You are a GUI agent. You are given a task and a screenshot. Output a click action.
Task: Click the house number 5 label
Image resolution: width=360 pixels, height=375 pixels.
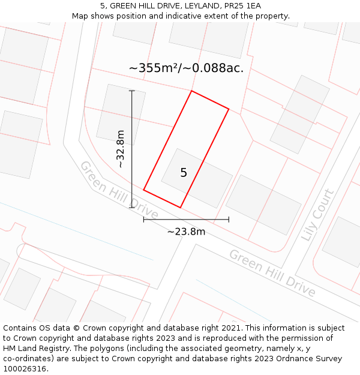tap(184, 173)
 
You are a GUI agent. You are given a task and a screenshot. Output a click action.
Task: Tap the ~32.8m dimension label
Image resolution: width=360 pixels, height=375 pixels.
tap(121, 149)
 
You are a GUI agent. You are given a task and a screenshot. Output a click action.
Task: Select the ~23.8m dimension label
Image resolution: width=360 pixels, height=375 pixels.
tap(186, 232)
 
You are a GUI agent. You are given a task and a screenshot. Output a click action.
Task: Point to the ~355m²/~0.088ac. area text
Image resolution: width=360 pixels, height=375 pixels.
tap(186, 68)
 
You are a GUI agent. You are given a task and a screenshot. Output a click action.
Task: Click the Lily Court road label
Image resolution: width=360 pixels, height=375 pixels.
tap(317, 215)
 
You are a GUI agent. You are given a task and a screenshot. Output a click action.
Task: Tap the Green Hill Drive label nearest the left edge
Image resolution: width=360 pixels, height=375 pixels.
tap(119, 190)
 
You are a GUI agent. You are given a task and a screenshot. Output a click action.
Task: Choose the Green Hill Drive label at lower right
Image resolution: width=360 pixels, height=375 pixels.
tap(272, 272)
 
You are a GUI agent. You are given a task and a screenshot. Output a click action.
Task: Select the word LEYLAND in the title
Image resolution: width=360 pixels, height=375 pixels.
tap(183, 6)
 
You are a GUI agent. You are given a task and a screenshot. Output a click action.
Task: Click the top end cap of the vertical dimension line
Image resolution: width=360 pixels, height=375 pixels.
tap(132, 91)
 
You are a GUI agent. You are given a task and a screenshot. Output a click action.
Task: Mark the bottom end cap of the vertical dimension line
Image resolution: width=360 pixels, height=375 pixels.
tap(132, 208)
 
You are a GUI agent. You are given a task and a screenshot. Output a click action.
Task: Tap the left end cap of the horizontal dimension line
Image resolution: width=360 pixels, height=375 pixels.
tap(144, 220)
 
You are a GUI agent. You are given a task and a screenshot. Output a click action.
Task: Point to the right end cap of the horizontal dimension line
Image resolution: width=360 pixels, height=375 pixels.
tap(229, 220)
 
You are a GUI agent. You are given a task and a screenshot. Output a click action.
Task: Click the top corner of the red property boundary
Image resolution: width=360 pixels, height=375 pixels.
tap(191, 91)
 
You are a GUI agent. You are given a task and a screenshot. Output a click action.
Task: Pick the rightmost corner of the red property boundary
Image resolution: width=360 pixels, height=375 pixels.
tap(229, 109)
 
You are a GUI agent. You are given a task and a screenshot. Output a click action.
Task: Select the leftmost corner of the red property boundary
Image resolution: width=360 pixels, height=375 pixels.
tap(144, 190)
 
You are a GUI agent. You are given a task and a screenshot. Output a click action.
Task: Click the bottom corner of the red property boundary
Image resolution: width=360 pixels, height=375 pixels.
tap(181, 208)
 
